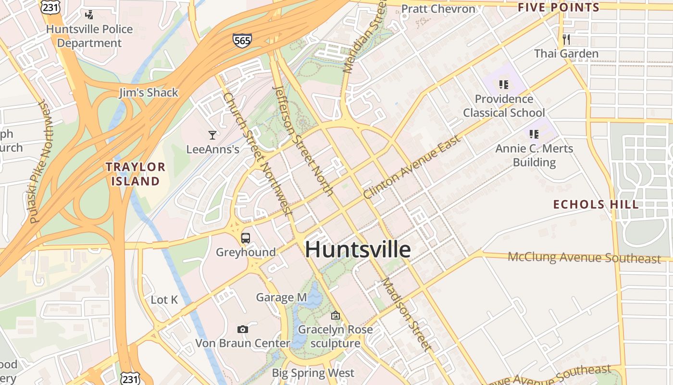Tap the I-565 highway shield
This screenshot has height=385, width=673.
(242, 40)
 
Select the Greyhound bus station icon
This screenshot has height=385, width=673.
(246, 238)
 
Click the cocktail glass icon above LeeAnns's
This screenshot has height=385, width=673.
(212, 135)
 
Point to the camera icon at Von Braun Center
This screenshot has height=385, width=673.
(243, 329)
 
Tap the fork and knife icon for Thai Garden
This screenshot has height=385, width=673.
(566, 39)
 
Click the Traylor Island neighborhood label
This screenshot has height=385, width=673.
(135, 174)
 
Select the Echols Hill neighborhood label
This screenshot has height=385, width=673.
(596, 204)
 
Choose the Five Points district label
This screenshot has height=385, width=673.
(559, 7)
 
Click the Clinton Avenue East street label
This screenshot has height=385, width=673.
(412, 167)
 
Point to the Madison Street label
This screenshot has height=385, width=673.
(405, 314)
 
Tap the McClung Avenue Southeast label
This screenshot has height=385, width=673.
(584, 257)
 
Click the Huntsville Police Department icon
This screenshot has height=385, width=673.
(89, 15)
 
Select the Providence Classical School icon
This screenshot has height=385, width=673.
(504, 85)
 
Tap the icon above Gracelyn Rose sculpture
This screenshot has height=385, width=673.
(336, 316)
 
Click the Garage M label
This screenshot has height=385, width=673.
(281, 297)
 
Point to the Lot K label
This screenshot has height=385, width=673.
(164, 300)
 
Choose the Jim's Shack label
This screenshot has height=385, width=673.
(149, 92)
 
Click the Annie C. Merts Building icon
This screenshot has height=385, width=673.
(534, 134)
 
